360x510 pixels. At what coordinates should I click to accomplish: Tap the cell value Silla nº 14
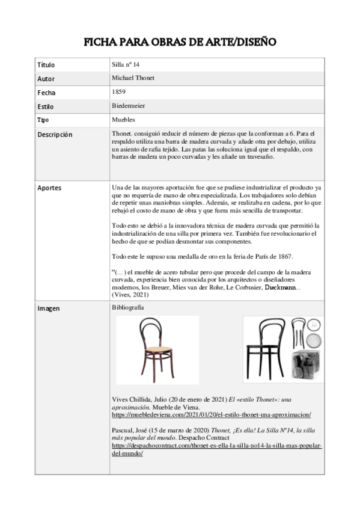coord(126,64)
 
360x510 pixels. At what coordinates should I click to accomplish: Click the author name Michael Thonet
coord(135,78)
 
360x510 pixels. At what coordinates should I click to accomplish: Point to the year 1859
coord(118,91)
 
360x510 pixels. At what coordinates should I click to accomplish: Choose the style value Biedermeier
coord(129,106)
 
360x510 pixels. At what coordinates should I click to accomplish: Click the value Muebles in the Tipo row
coord(123,120)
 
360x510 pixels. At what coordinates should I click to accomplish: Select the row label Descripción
coord(55,134)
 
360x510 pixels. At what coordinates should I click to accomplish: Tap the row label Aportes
coord(49,188)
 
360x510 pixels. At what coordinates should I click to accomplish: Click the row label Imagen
coord(48,309)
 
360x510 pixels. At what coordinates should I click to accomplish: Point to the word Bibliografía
coord(128,307)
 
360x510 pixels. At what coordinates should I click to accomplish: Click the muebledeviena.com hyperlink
coord(211,415)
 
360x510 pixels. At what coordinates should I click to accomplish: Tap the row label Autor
coord(46,78)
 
